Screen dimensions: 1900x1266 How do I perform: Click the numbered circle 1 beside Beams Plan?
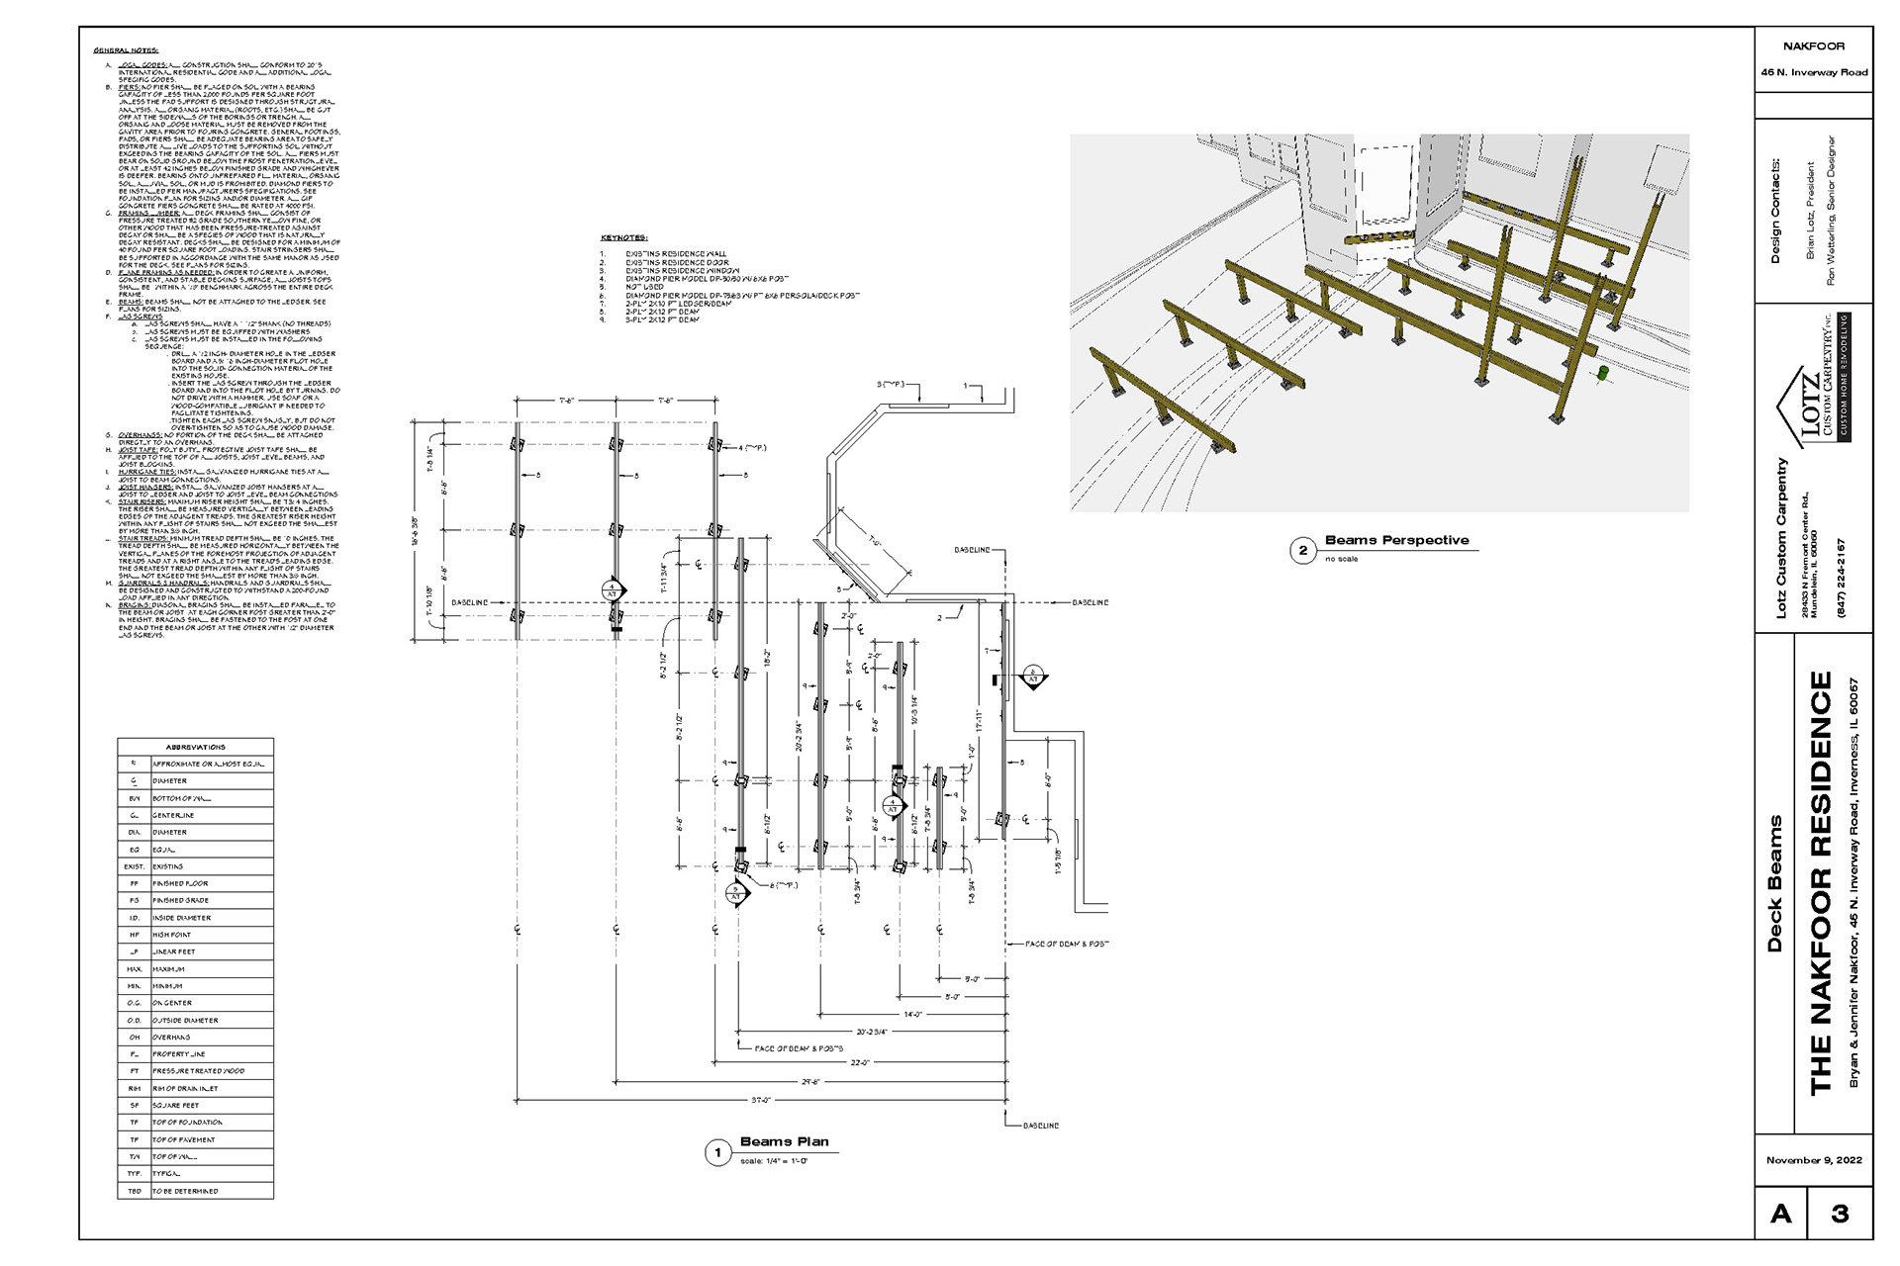[x=716, y=1153]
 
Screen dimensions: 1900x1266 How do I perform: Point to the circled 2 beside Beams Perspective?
[x=1302, y=551]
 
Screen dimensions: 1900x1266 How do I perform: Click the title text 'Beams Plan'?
[x=784, y=1141]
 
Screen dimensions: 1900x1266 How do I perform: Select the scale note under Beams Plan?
[x=775, y=1160]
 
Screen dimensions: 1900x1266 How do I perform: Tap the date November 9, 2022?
[x=1814, y=1159]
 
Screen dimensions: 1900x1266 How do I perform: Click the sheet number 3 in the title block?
[x=1840, y=1213]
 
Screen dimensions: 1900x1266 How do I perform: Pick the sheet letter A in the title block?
[x=1780, y=1213]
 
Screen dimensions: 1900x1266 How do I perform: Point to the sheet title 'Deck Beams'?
[x=1774, y=883]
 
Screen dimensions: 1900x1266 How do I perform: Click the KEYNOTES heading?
[x=623, y=238]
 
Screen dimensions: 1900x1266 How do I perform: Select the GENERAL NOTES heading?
[x=126, y=50]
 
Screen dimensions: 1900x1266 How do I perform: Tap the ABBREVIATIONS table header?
[x=195, y=747]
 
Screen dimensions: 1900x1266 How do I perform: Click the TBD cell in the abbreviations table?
[x=134, y=1191]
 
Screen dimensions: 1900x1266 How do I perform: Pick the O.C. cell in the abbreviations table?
[x=134, y=1003]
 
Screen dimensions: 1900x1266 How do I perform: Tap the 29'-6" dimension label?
[x=811, y=1082]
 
